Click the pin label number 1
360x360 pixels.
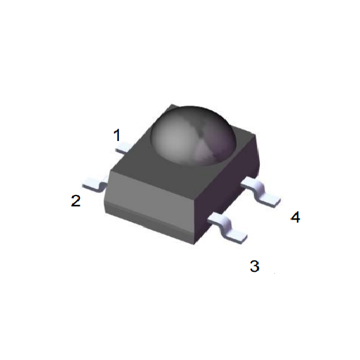[x=118, y=135]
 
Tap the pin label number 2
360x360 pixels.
[x=76, y=201]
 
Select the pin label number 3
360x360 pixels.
[x=254, y=266]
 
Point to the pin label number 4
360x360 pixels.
[x=295, y=217]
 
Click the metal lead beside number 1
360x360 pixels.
[x=123, y=148]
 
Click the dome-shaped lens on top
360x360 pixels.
[x=192, y=135]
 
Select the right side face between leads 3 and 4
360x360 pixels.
[x=231, y=192]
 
